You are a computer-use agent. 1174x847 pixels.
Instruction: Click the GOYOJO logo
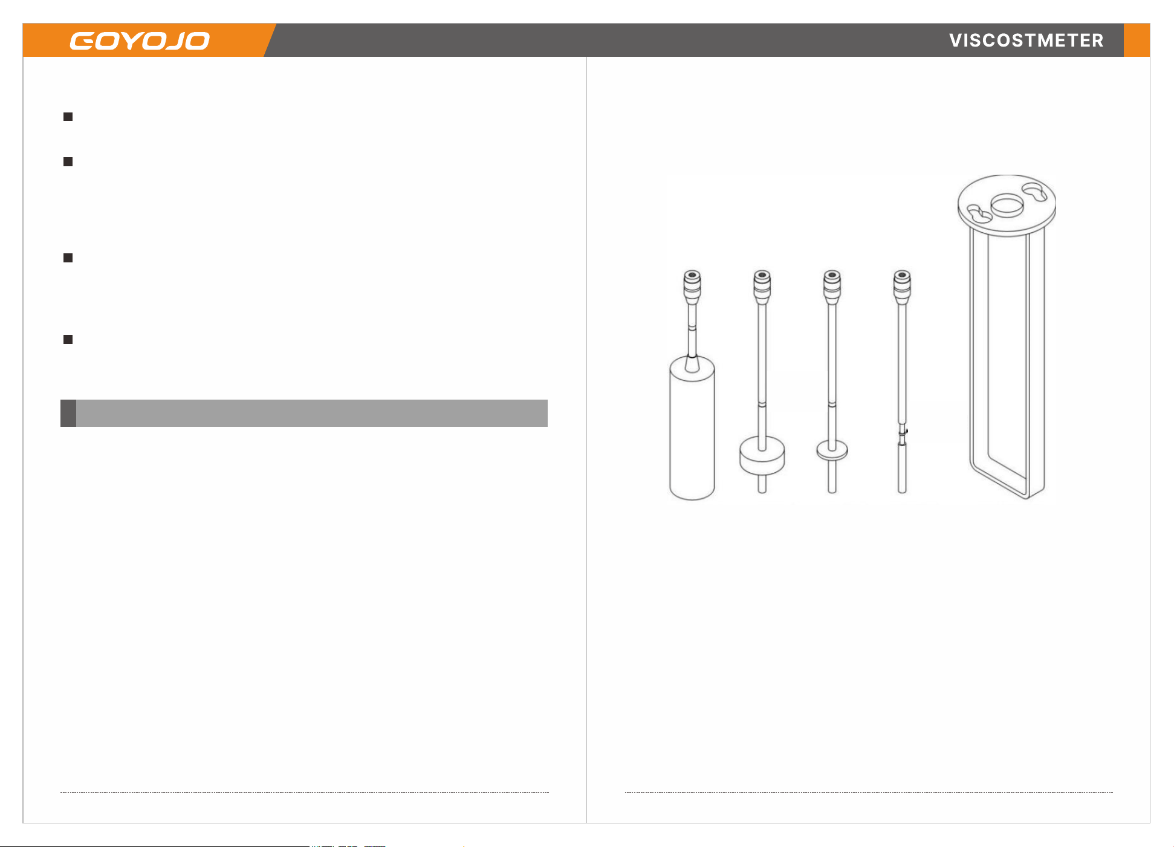pyautogui.click(x=140, y=41)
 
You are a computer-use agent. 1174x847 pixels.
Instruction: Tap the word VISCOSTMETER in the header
pyautogui.click(x=1026, y=41)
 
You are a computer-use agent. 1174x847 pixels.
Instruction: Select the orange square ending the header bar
pyautogui.click(x=1137, y=40)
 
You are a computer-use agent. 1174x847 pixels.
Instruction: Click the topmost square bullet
pyautogui.click(x=68, y=117)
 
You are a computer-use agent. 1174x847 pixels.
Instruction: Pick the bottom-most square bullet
pyautogui.click(x=68, y=340)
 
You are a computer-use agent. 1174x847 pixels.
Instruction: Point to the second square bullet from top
pyautogui.click(x=68, y=162)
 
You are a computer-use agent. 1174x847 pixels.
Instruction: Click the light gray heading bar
pyautogui.click(x=312, y=413)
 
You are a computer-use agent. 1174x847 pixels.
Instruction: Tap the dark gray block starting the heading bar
pyautogui.click(x=68, y=413)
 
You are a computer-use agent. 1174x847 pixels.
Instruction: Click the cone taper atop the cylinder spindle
pyautogui.click(x=692, y=364)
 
